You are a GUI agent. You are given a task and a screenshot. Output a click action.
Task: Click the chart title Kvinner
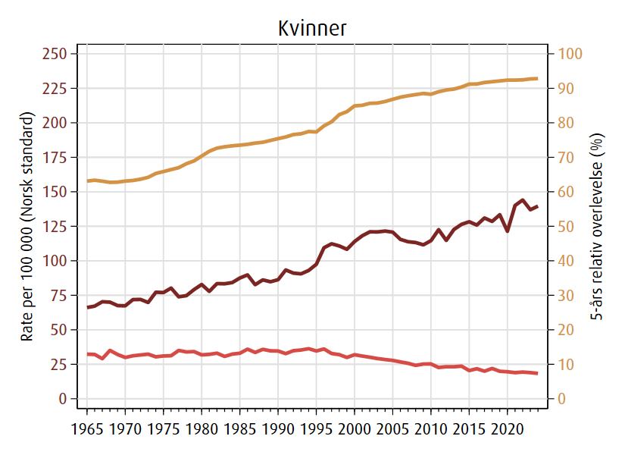(311, 29)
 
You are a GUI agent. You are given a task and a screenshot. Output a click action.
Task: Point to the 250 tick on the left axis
(57, 54)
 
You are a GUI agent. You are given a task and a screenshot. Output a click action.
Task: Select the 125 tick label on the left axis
(57, 226)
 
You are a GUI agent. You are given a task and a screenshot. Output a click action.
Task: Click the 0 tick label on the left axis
(64, 399)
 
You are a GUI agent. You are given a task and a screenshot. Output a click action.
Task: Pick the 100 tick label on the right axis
(570, 54)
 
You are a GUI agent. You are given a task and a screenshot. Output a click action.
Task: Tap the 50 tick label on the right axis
(567, 226)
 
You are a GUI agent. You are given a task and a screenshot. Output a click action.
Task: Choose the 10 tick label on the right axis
(567, 365)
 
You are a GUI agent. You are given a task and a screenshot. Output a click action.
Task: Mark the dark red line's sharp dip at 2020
(508, 231)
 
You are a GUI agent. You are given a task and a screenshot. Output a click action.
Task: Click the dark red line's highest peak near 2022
(523, 200)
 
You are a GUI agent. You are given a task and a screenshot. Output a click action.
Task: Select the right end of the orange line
(537, 78)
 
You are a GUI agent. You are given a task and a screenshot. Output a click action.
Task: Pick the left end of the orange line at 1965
(88, 180)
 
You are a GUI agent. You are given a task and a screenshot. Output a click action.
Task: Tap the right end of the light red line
(537, 373)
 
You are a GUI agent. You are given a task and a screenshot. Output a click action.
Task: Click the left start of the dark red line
(88, 307)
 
